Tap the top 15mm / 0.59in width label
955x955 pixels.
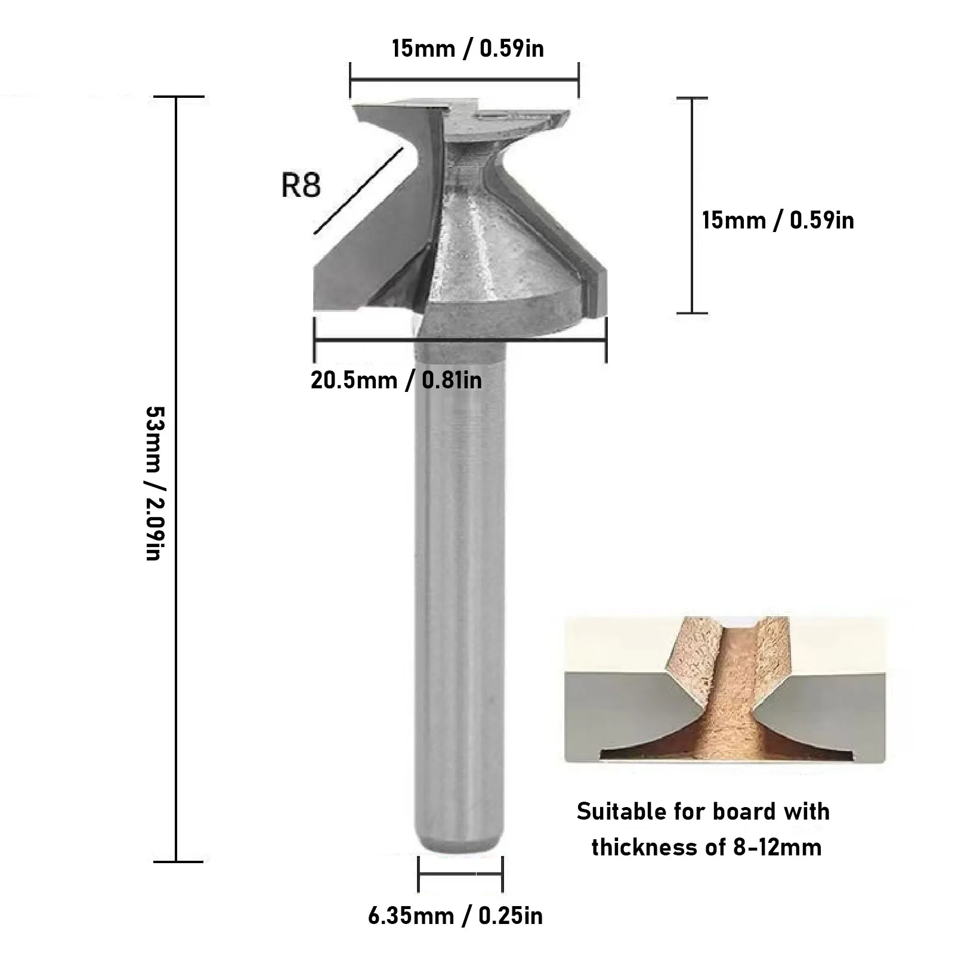point(468,48)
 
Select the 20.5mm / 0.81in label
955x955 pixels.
point(396,380)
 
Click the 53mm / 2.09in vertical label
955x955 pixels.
point(154,484)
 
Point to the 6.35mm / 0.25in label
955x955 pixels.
point(455,916)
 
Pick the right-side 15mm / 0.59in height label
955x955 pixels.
point(778,220)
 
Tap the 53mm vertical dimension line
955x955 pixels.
point(177,479)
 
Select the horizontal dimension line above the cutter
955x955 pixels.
point(464,79)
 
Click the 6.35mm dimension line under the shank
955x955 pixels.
point(460,874)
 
